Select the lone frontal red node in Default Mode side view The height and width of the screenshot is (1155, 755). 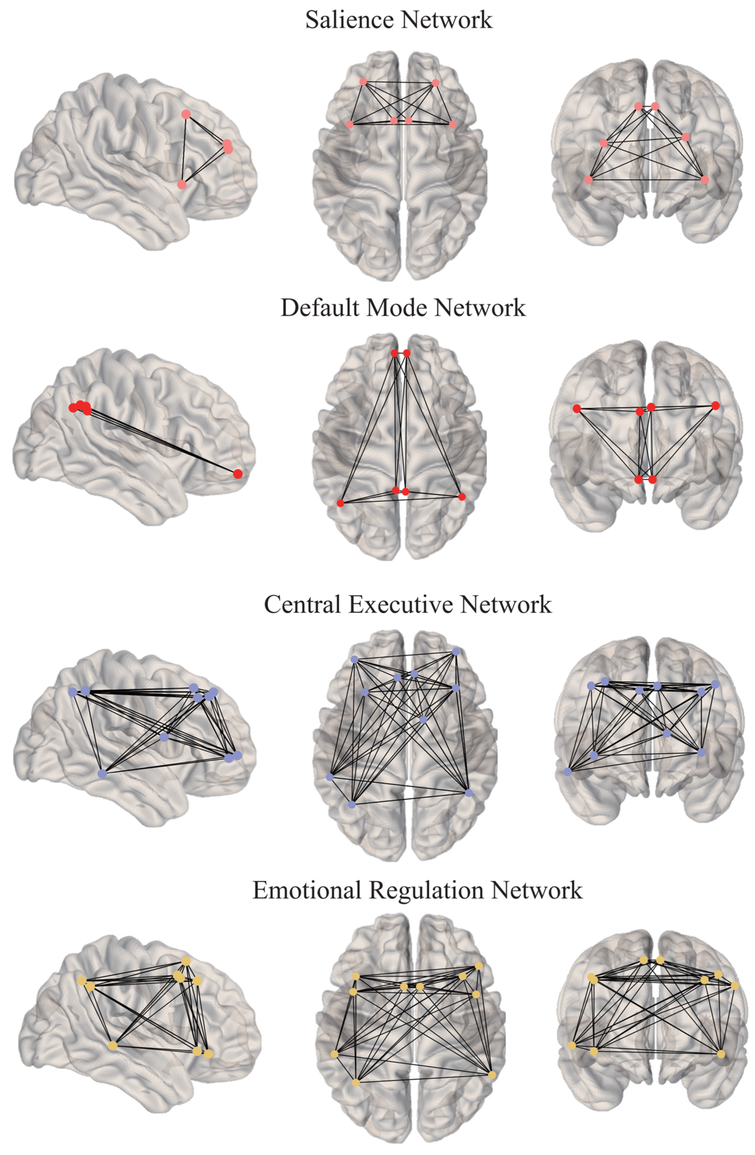(238, 474)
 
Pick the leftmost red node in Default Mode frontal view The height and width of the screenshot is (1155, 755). (577, 408)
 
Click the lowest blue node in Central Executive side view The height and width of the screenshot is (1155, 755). (102, 774)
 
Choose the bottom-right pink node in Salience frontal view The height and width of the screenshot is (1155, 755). (705, 179)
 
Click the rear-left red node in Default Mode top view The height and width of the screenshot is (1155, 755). (341, 503)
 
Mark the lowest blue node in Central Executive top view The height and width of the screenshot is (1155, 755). (352, 805)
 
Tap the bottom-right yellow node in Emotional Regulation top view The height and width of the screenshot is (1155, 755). (492, 1075)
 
